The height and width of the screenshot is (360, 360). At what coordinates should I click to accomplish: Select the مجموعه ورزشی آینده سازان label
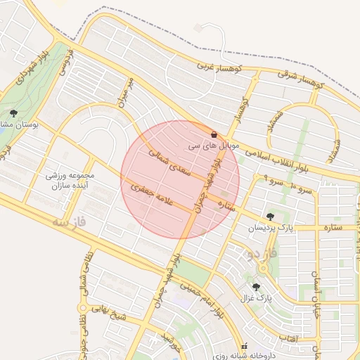coord(68,182)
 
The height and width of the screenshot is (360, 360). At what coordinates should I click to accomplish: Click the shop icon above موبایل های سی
coord(214,134)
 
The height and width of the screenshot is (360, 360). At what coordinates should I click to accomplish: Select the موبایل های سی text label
coord(214,148)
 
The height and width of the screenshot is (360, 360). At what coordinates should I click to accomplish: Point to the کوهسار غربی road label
coord(214,67)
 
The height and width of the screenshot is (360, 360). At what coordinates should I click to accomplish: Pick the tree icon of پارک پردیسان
coord(270,217)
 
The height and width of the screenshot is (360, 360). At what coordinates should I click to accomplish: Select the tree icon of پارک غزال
coord(255,287)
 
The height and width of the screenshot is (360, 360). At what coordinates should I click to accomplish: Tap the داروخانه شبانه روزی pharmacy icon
coord(245,347)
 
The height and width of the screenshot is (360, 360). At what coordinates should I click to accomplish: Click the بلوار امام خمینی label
coord(200,298)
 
